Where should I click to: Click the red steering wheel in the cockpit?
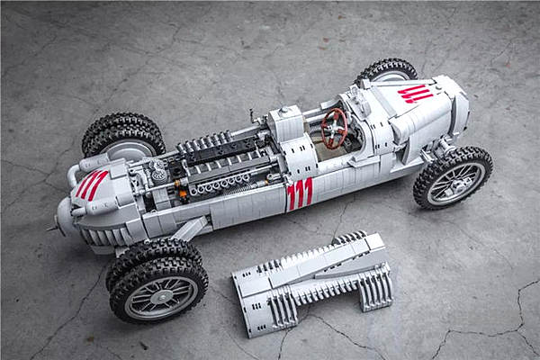[x=334, y=129]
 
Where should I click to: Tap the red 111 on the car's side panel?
[x=300, y=194]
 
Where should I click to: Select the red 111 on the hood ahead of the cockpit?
[x=415, y=94]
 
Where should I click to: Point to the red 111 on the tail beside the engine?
[x=91, y=184]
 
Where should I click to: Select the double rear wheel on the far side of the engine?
[x=123, y=136]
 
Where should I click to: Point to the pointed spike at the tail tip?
[x=51, y=228]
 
